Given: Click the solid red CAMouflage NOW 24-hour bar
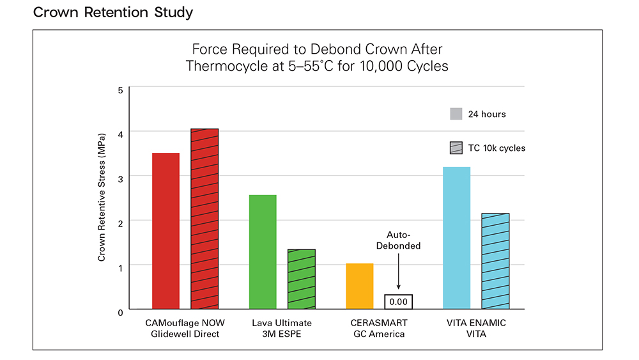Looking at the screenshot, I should tap(166, 231).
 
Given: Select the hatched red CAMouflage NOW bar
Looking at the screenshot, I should tap(204, 219).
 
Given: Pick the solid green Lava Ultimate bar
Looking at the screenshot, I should tap(263, 252).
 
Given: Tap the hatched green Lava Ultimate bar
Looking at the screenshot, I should tap(302, 279).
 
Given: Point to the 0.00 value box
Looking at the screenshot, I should tap(398, 301).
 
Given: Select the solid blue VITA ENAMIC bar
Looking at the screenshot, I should tap(457, 238).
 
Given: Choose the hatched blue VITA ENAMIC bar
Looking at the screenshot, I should tap(495, 261).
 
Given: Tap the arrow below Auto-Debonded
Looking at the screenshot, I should tap(398, 272).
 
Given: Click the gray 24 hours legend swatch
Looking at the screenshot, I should tap(456, 114).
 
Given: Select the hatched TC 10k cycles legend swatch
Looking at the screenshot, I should tap(456, 148).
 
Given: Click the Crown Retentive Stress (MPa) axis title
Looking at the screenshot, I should tap(102, 198).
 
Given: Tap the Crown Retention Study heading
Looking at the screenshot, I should tap(113, 12).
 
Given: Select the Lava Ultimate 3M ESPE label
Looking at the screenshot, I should tap(282, 329).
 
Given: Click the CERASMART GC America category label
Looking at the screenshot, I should tap(379, 329).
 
